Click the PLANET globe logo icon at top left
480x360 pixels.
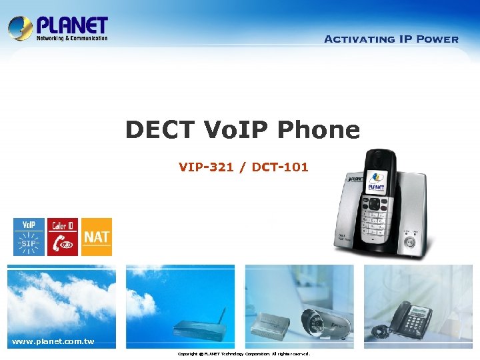click(20, 28)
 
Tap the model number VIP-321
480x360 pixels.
click(206, 167)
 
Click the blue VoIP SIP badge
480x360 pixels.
click(29, 237)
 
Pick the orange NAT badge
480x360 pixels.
click(97, 237)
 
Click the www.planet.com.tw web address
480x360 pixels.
click(53, 342)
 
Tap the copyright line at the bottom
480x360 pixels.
click(243, 354)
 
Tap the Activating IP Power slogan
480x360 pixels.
click(391, 39)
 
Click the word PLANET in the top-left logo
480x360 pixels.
click(72, 25)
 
